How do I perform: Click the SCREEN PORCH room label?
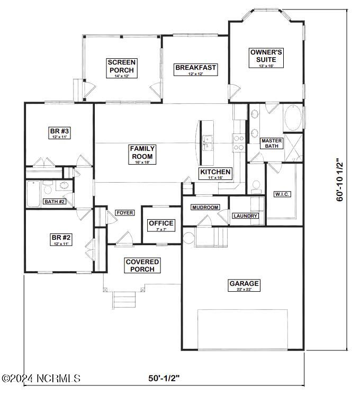point(121,66)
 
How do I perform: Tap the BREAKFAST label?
point(195,68)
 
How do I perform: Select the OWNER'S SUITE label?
point(266,56)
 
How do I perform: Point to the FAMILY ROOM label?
point(142,152)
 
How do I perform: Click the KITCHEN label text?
point(215,173)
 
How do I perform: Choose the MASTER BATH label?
point(271,143)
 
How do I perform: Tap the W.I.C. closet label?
point(281,194)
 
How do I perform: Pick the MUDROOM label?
point(205,208)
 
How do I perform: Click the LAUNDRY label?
point(245,216)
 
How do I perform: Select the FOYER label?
point(124,213)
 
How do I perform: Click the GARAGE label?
point(244,284)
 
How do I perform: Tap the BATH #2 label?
point(54,202)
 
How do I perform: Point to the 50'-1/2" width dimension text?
point(164,378)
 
